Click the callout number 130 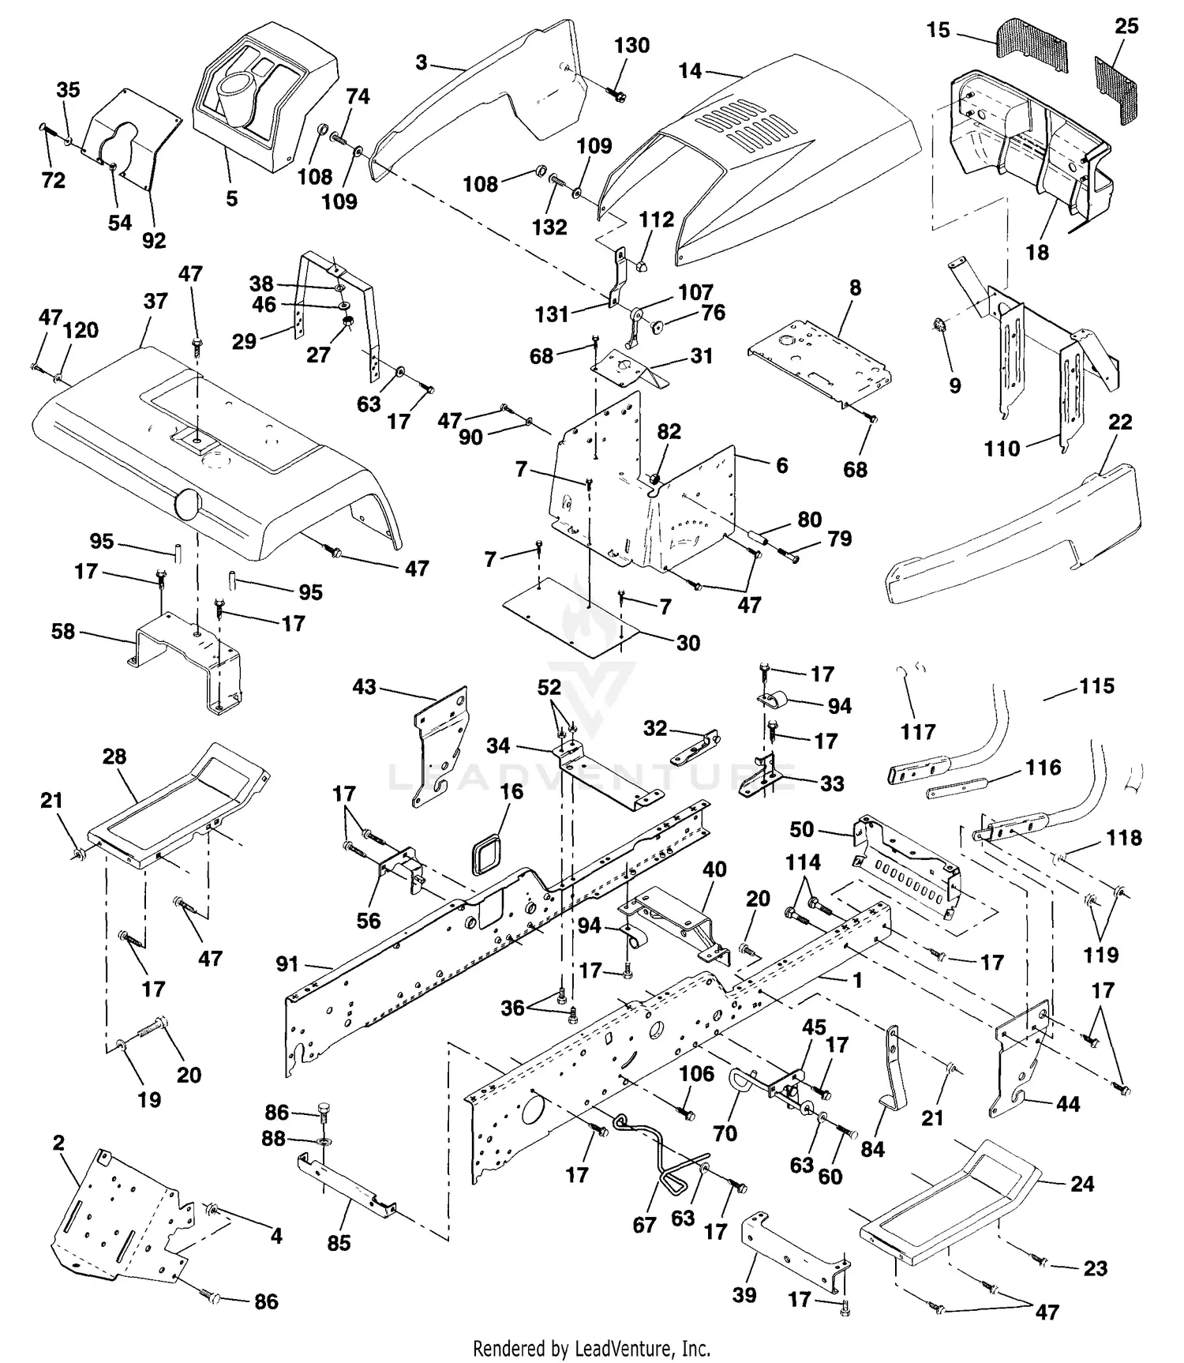pyautogui.click(x=631, y=46)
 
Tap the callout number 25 pyautogui.click(x=1126, y=27)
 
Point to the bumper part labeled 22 pyautogui.click(x=1018, y=529)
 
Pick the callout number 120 pyautogui.click(x=81, y=330)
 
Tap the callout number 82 pyautogui.click(x=669, y=432)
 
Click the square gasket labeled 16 pyautogui.click(x=487, y=854)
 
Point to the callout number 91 pyautogui.click(x=287, y=964)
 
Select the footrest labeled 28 pyautogui.click(x=182, y=805)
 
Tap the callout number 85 pyautogui.click(x=339, y=1243)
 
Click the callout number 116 pyautogui.click(x=1043, y=768)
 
